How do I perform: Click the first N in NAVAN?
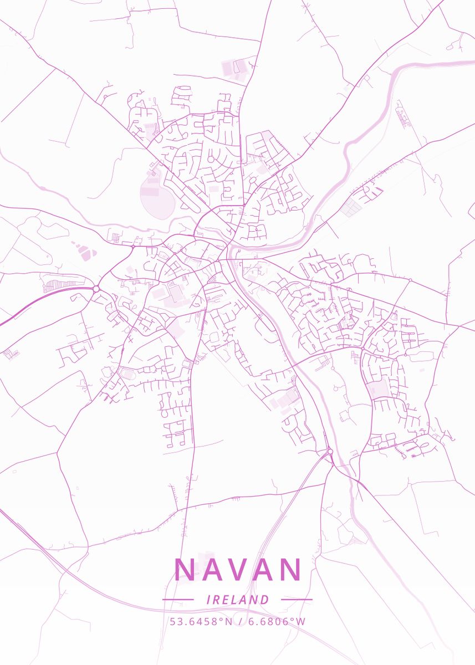(x=185, y=570)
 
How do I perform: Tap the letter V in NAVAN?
(x=238, y=570)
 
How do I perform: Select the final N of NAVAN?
(x=290, y=570)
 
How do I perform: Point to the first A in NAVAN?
(x=212, y=570)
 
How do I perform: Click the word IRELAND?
(x=237, y=600)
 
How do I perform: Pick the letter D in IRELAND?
(x=265, y=600)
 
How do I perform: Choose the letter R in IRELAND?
(x=217, y=600)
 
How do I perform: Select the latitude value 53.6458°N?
(x=201, y=621)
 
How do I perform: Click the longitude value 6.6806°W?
(x=277, y=621)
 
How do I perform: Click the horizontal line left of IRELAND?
(x=178, y=600)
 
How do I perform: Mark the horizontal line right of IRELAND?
(x=297, y=600)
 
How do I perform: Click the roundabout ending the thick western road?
(x=96, y=289)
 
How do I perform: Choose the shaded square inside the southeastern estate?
(x=377, y=388)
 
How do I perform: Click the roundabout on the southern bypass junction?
(x=329, y=452)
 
